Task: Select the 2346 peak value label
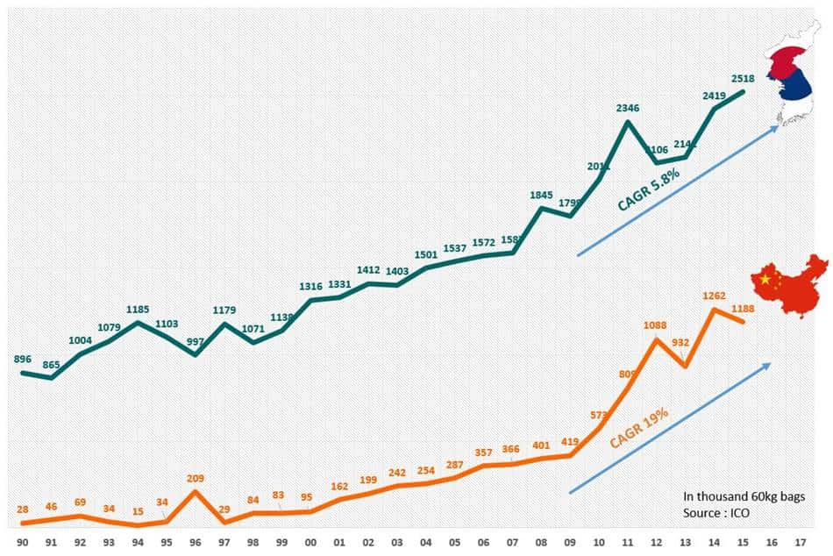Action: (629, 109)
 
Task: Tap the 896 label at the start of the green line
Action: (23, 359)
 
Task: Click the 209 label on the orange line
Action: (196, 479)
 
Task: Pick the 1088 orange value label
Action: (656, 325)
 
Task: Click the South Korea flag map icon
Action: (789, 79)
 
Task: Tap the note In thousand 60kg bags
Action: (744, 496)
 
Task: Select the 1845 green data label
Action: (542, 196)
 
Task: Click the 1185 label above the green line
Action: (139, 309)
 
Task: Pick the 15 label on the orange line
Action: (139, 512)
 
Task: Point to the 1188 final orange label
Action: (744, 308)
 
